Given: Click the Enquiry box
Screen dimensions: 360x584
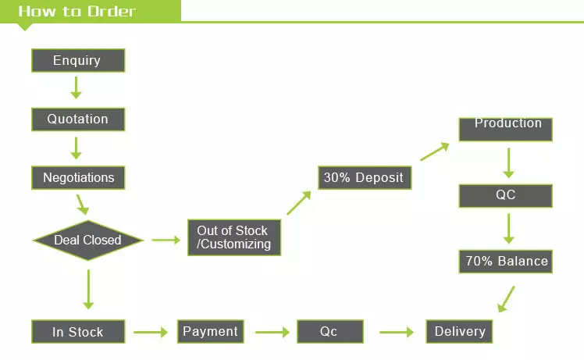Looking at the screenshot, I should pyautogui.click(x=77, y=61).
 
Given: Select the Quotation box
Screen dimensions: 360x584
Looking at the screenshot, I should pyautogui.click(x=77, y=119).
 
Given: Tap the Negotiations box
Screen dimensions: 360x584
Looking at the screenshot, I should pyautogui.click(x=78, y=177).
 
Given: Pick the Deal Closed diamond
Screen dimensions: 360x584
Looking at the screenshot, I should pyautogui.click(x=87, y=240).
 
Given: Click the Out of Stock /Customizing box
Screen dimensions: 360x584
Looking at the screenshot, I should pyautogui.click(x=233, y=237).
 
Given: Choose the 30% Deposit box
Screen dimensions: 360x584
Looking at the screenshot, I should pyautogui.click(x=364, y=177).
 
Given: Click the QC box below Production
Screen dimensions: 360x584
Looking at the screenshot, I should pyautogui.click(x=505, y=195).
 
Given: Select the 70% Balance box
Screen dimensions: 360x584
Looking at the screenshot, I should pyautogui.click(x=505, y=261).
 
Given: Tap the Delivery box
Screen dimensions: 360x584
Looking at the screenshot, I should pyautogui.click(x=459, y=331).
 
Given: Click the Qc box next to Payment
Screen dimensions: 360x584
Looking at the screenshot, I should pyautogui.click(x=329, y=331).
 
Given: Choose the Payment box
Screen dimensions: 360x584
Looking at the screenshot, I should pyautogui.click(x=210, y=331).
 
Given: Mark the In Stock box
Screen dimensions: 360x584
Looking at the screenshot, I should pyautogui.click(x=77, y=331).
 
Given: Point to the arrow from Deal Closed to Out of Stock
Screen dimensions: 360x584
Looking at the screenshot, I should pyautogui.click(x=166, y=240).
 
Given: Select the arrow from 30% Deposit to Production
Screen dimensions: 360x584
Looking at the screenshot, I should pyautogui.click(x=434, y=152).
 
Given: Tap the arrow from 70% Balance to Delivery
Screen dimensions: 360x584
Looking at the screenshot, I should pyautogui.click(x=507, y=299).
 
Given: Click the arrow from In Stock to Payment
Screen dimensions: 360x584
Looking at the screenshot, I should pyautogui.click(x=151, y=332).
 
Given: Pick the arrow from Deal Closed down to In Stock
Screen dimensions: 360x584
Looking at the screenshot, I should pyautogui.click(x=87, y=289).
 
